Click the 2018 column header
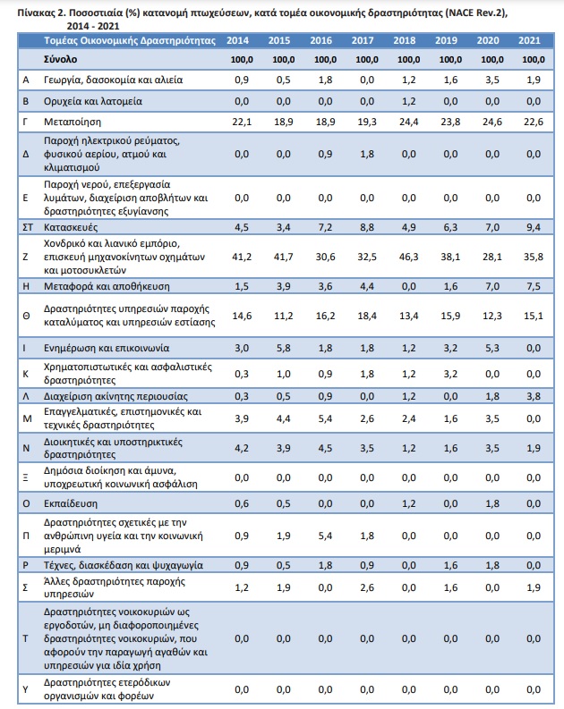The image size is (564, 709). click(405, 41)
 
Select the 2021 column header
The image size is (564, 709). click(529, 41)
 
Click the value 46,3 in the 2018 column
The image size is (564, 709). click(408, 257)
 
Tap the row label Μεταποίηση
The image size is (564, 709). click(73, 122)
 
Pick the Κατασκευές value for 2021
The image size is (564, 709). click(534, 227)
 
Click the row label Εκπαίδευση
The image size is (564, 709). click(71, 503)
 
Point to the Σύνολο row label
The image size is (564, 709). click(60, 59)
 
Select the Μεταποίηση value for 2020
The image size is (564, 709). click(491, 122)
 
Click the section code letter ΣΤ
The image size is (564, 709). click(28, 227)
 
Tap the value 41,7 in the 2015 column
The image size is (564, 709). click(284, 257)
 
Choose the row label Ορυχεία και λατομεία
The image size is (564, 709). click(93, 101)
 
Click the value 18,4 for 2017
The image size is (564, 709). click(367, 316)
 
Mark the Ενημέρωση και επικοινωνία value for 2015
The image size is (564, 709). click(284, 348)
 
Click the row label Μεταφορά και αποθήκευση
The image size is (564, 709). click(107, 287)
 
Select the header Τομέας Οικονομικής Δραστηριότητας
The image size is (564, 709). click(130, 41)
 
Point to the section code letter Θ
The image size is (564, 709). click(26, 317)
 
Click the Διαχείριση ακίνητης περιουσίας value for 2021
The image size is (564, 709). click(534, 397)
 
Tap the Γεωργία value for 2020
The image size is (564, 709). click(491, 80)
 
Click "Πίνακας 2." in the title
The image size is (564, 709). click(42, 13)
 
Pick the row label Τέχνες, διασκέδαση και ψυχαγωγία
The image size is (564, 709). click(124, 566)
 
